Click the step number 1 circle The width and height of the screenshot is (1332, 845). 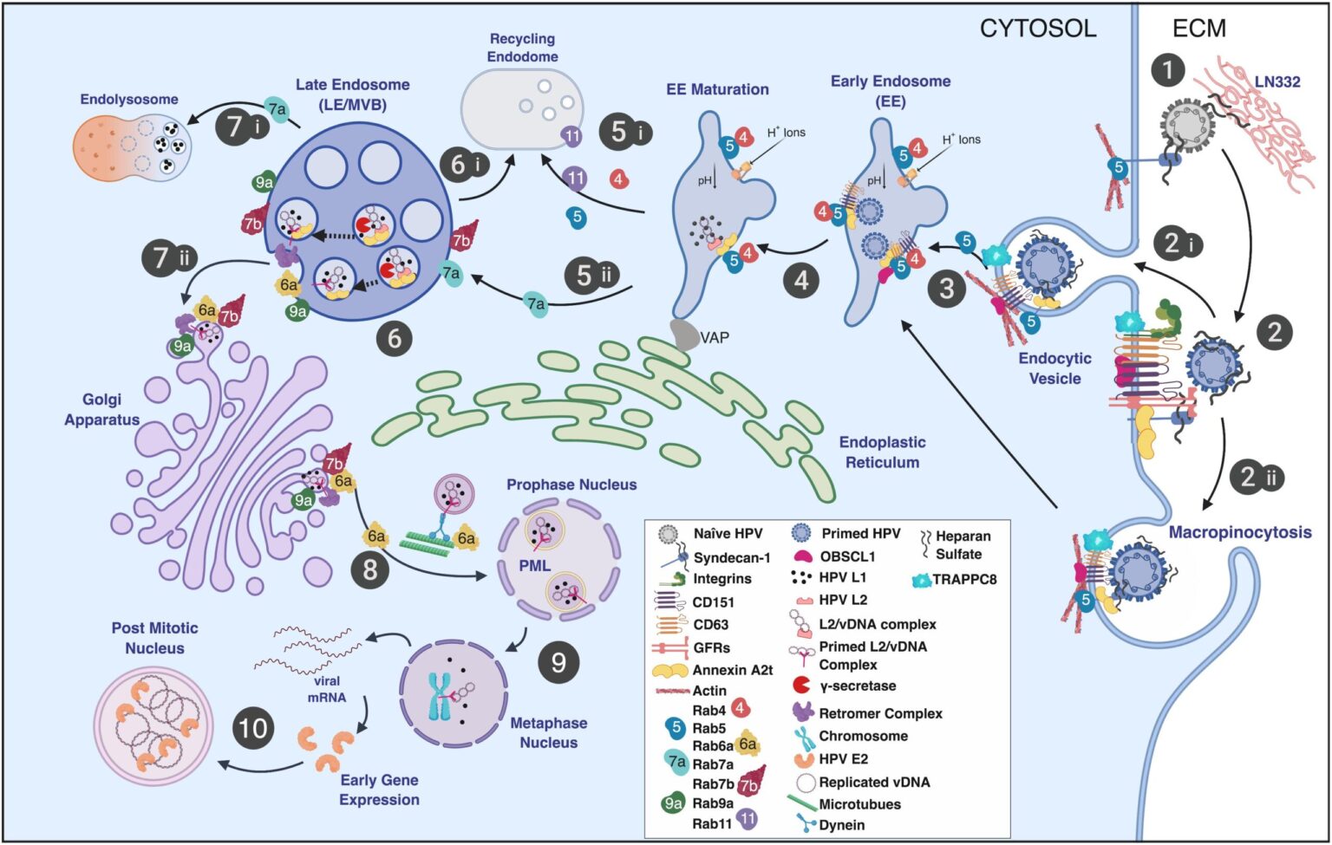click(1168, 69)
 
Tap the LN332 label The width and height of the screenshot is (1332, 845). click(1277, 81)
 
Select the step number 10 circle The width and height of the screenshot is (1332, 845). click(253, 727)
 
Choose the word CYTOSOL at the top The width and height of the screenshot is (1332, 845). click(1038, 28)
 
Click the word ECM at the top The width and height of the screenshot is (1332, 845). click(1199, 28)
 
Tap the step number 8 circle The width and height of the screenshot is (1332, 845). click(370, 570)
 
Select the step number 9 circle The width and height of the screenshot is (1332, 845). click(558, 663)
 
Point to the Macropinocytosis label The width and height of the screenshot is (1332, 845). click(1239, 532)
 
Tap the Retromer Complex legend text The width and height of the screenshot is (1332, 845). click(880, 713)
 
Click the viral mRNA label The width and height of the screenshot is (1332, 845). click(326, 689)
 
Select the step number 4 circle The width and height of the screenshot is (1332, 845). click(800, 280)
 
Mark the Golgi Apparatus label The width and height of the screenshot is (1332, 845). click(101, 409)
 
